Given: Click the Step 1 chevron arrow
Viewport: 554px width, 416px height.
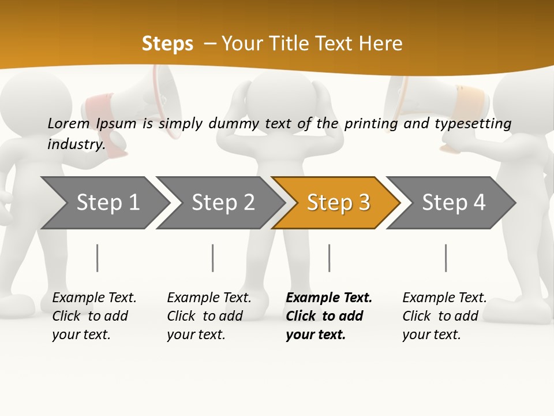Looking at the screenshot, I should coord(107,203).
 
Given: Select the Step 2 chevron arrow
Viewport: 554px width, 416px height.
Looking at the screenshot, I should coord(222,203).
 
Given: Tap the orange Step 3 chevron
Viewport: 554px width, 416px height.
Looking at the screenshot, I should coord(338,203).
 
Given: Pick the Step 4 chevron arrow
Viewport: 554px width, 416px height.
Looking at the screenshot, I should coord(453,203).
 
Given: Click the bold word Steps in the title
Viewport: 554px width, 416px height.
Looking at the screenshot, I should coord(167,43).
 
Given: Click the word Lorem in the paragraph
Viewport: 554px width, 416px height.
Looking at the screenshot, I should coord(68,123).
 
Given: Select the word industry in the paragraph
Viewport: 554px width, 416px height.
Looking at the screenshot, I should coord(76,144).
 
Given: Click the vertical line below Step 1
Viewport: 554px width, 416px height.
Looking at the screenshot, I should coord(98,258).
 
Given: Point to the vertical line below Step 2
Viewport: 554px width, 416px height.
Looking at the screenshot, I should coord(213,258).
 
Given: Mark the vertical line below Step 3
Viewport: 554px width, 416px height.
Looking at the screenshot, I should coord(329,258).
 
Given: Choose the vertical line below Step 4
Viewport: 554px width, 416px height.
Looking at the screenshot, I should coord(446,258).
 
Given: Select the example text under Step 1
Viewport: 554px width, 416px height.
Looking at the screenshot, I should coord(93,315).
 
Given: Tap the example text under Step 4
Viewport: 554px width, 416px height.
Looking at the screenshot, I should coord(444,315).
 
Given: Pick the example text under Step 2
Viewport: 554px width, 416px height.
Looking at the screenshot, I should coord(208,315).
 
